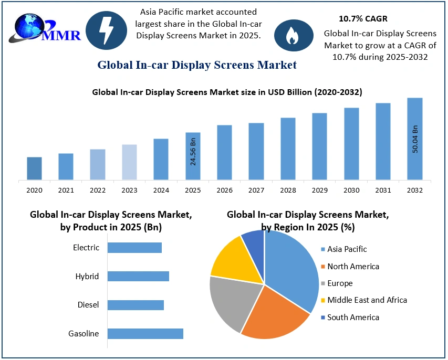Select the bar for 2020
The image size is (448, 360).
(x=34, y=168)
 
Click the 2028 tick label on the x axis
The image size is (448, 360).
(x=288, y=190)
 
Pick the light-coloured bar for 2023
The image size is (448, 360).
(x=129, y=162)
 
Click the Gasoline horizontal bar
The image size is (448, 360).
(x=145, y=333)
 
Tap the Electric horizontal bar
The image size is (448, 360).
(x=134, y=247)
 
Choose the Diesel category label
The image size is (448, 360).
(x=88, y=304)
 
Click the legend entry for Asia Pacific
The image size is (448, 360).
(x=347, y=249)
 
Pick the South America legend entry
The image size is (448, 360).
(x=353, y=317)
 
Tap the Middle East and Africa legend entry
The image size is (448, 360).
(x=367, y=300)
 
